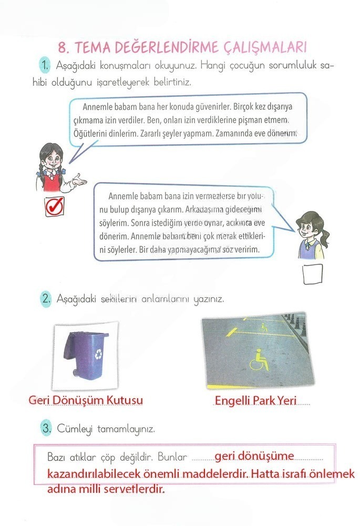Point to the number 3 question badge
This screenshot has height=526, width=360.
46,429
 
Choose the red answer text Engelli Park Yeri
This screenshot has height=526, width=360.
255,401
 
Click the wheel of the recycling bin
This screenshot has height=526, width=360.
77,373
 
